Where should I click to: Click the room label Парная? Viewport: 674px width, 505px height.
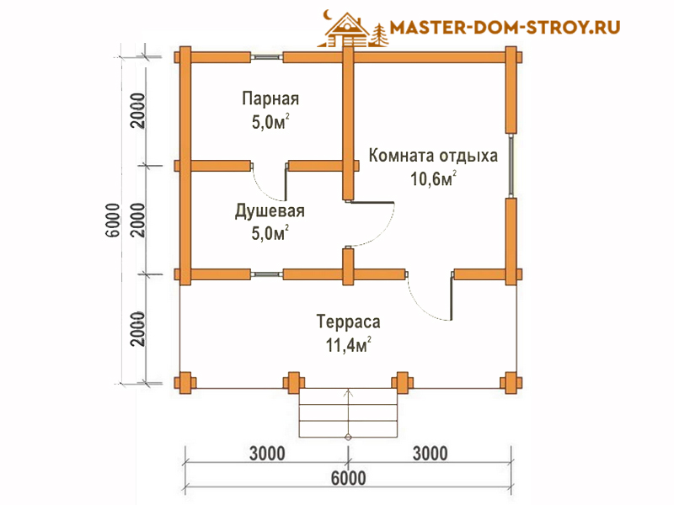270,98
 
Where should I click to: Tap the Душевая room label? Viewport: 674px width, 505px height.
270,211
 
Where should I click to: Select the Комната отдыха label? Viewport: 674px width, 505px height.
433,156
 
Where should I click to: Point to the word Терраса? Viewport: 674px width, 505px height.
348,322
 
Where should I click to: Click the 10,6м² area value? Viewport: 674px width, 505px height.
433,178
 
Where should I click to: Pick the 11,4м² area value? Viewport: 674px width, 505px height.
348,345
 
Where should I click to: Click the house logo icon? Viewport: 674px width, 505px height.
353,29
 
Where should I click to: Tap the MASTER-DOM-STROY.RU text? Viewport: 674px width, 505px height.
505,28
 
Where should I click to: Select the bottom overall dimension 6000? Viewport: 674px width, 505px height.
348,478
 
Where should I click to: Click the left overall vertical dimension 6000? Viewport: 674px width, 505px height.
113,221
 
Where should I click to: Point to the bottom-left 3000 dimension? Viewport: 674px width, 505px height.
267,454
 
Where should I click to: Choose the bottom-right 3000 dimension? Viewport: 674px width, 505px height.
431,454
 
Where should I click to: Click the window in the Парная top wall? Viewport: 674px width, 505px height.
266,57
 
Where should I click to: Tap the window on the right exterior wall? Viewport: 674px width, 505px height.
511,165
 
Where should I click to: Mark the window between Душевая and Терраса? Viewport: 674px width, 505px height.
266,274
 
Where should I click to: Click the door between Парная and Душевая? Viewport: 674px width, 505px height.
270,182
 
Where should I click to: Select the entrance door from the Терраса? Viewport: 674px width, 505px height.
430,296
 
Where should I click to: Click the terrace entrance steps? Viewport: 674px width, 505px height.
348,412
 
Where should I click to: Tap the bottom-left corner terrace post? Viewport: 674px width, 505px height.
185,383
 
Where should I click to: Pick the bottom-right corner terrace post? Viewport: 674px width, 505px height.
511,383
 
